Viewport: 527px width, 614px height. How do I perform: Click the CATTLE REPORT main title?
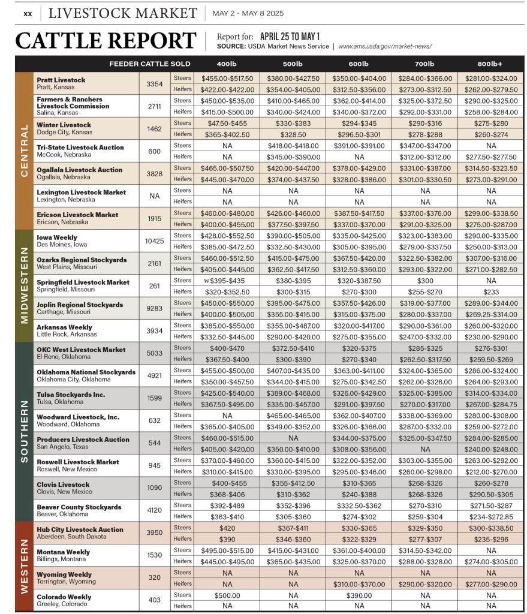point(106,41)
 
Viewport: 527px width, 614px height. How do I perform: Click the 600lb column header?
point(359,64)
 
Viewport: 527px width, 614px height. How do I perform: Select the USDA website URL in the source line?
point(385,46)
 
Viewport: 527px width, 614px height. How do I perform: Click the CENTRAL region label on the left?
point(24,150)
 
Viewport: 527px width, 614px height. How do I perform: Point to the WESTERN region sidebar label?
point(24,566)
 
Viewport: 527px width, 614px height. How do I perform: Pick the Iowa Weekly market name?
point(57,237)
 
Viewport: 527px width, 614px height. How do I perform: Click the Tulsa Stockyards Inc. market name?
point(71,395)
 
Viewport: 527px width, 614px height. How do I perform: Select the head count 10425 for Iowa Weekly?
point(154,240)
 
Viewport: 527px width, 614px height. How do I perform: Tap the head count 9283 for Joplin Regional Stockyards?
point(154,308)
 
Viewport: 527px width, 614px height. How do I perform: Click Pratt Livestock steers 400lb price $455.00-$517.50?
point(227,78)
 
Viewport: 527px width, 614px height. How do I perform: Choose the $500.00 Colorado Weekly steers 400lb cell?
point(227,595)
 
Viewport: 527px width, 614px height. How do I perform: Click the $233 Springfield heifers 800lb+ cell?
point(490,291)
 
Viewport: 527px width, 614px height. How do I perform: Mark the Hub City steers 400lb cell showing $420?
point(227,528)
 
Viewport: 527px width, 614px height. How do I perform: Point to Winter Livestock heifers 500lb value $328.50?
point(293,134)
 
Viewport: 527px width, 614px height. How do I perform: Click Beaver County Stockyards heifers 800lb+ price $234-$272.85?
point(490,516)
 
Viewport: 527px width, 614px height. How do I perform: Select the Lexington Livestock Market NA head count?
point(154,195)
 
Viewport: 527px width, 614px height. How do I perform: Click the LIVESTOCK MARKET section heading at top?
point(122,13)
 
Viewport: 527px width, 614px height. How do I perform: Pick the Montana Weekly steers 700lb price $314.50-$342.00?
point(424,550)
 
